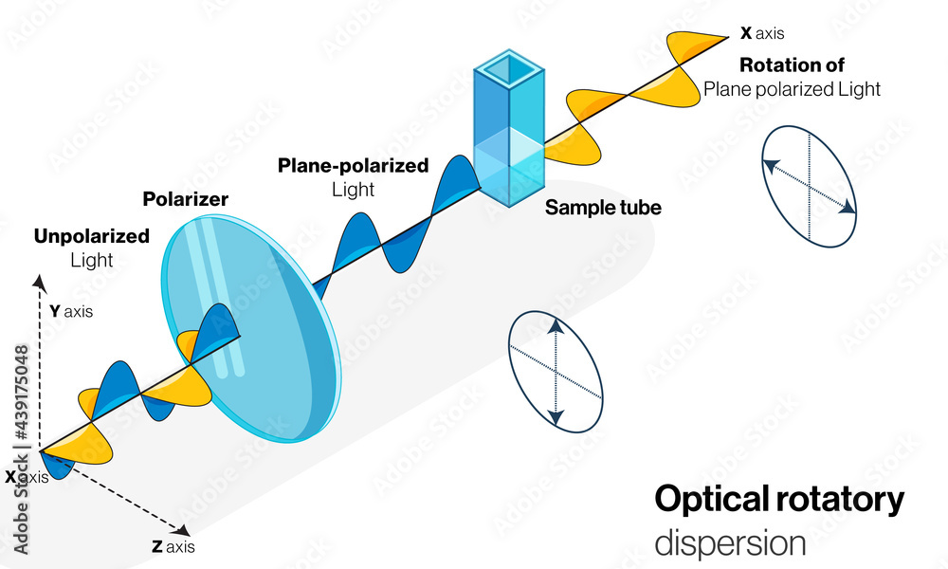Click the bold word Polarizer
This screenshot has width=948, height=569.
click(185, 199)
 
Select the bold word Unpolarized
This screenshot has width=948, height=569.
click(92, 236)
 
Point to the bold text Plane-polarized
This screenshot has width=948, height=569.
click(353, 166)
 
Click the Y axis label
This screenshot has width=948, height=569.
click(71, 310)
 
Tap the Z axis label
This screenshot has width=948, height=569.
click(173, 546)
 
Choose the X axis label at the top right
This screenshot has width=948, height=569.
click(762, 33)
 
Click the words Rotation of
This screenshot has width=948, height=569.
click(792, 65)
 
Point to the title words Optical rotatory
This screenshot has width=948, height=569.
click(779, 500)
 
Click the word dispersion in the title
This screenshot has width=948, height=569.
click(730, 543)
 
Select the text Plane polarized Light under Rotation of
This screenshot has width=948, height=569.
click(792, 89)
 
